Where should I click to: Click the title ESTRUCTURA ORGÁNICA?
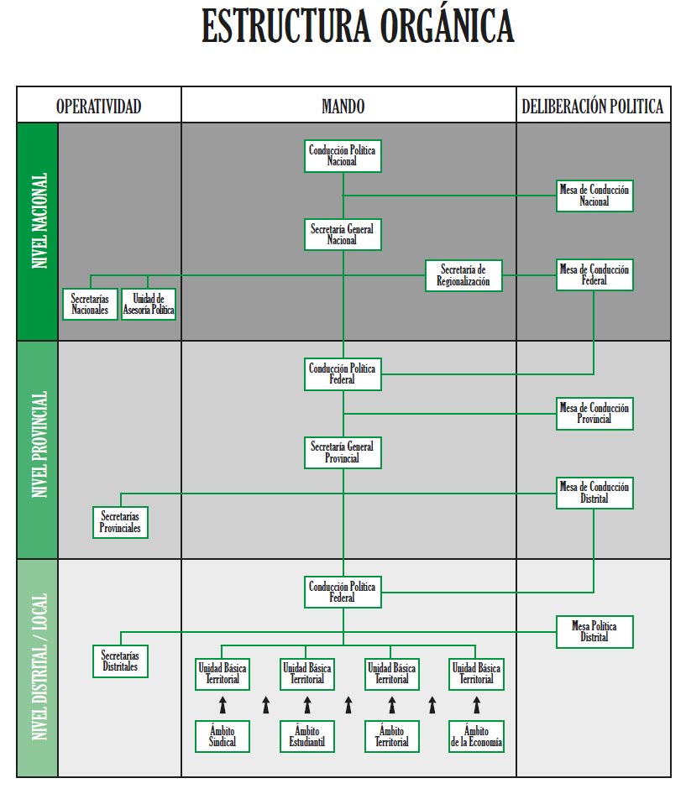pyautogui.click(x=357, y=28)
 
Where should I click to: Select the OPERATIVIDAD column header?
pyautogui.click(x=98, y=106)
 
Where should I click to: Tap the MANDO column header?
pyautogui.click(x=343, y=106)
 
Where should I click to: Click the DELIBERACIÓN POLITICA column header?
pyautogui.click(x=593, y=106)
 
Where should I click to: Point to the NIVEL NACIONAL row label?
pyautogui.click(x=38, y=221)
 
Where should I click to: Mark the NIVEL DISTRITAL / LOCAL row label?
pyautogui.click(x=38, y=667)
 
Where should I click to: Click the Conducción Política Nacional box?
pyautogui.click(x=343, y=155)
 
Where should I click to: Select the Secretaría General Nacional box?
pyautogui.click(x=343, y=234)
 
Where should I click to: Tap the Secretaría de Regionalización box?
pyautogui.click(x=463, y=275)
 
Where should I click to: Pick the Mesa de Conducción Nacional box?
pyautogui.click(x=594, y=196)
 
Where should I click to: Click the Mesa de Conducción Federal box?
pyautogui.click(x=594, y=275)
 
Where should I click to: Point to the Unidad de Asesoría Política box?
pyautogui.click(x=149, y=304)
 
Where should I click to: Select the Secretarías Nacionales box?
pyautogui.click(x=90, y=304)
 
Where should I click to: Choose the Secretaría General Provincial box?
pyautogui.click(x=343, y=452)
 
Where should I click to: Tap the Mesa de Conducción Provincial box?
pyautogui.click(x=594, y=413)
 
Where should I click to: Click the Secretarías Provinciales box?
pyautogui.click(x=120, y=522)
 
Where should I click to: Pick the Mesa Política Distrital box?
pyautogui.click(x=594, y=631)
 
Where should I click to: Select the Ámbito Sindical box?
pyautogui.click(x=223, y=736)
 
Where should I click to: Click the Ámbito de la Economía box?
pyautogui.click(x=476, y=736)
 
